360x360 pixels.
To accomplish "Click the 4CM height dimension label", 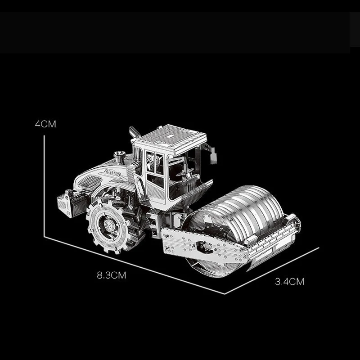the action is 45,124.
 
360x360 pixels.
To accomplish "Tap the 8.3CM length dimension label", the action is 112,275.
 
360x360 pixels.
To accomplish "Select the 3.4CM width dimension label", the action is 289,282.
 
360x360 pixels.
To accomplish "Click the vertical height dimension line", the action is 44,186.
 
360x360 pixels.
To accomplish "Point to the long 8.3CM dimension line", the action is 134,265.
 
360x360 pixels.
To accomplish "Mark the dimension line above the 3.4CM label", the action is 272,271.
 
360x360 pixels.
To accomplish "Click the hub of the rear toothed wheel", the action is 108,224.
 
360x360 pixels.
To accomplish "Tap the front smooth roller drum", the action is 237,220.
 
